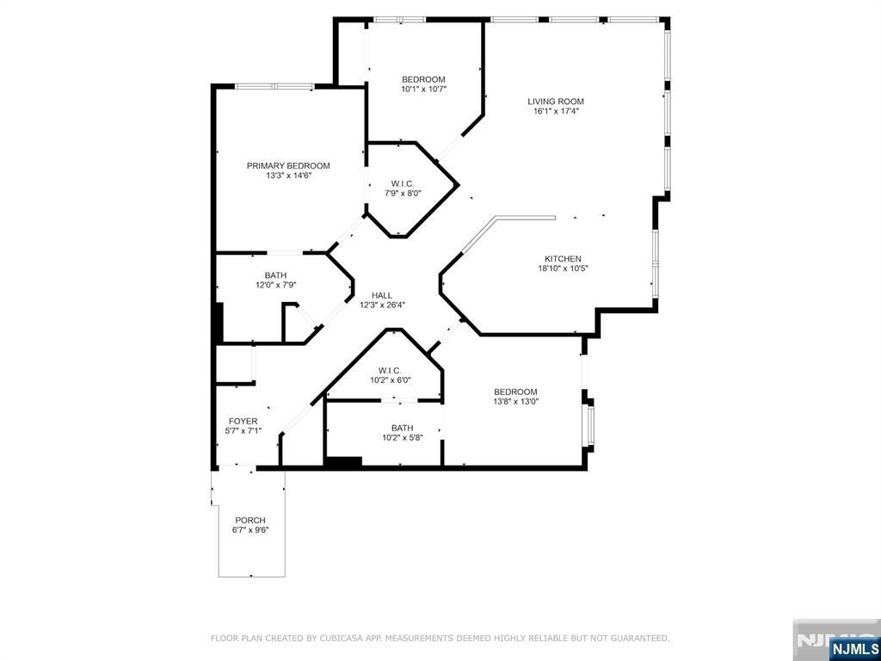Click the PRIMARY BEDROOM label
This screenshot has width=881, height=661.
click(x=288, y=166)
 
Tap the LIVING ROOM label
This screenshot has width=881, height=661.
click(x=556, y=102)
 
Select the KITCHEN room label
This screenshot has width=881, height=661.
click(x=563, y=258)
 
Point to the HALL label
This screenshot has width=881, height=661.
click(x=382, y=296)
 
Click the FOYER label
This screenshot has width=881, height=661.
click(x=243, y=421)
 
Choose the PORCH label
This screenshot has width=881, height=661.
click(x=250, y=520)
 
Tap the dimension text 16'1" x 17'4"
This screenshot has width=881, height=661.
click(x=556, y=111)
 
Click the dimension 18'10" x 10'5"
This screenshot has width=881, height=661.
click(x=563, y=269)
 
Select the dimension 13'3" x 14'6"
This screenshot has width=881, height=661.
click(x=288, y=176)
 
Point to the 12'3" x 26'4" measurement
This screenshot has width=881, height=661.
click(x=382, y=306)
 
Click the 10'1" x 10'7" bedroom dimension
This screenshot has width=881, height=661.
click(x=423, y=89)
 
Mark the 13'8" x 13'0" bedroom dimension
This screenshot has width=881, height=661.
click(x=516, y=401)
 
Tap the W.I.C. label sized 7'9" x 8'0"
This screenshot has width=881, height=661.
click(x=403, y=183)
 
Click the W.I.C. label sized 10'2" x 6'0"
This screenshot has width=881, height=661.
click(x=390, y=370)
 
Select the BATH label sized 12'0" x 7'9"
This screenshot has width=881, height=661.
click(x=275, y=275)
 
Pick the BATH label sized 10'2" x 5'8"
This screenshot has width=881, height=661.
click(x=403, y=428)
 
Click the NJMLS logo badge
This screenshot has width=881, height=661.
click(x=853, y=647)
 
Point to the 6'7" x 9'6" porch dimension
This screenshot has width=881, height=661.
click(x=250, y=530)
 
